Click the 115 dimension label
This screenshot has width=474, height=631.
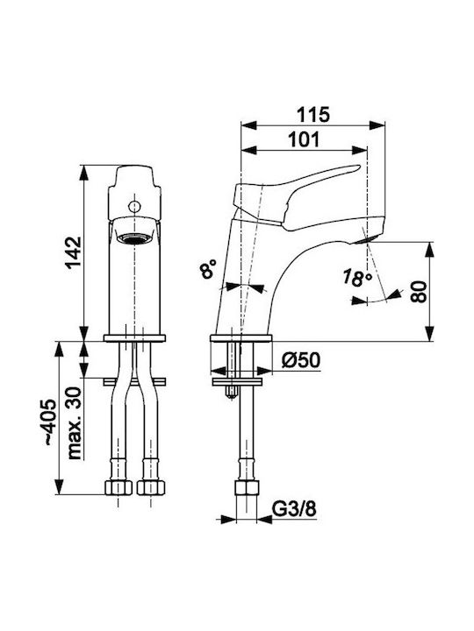[313, 115]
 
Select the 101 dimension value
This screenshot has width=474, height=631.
[304, 139]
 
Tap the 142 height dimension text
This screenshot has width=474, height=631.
[74, 252]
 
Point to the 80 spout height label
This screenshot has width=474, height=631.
[419, 292]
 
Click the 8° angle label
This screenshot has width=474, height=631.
[208, 268]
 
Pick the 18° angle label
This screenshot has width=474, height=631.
[357, 278]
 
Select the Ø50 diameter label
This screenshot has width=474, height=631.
[301, 360]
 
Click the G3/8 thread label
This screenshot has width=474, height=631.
[294, 509]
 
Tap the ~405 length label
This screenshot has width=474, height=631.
[49, 422]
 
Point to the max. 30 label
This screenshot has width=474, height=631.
[74, 423]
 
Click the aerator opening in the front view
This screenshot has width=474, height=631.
[134, 238]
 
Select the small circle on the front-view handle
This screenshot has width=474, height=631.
[134, 207]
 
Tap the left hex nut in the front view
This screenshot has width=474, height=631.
[118, 487]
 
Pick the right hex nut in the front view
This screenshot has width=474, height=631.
[151, 487]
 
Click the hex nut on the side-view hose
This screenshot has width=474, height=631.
[247, 488]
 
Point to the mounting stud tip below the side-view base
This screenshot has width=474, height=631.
[232, 396]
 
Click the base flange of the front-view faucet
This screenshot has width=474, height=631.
[134, 338]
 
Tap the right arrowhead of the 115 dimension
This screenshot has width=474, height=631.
[377, 124]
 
